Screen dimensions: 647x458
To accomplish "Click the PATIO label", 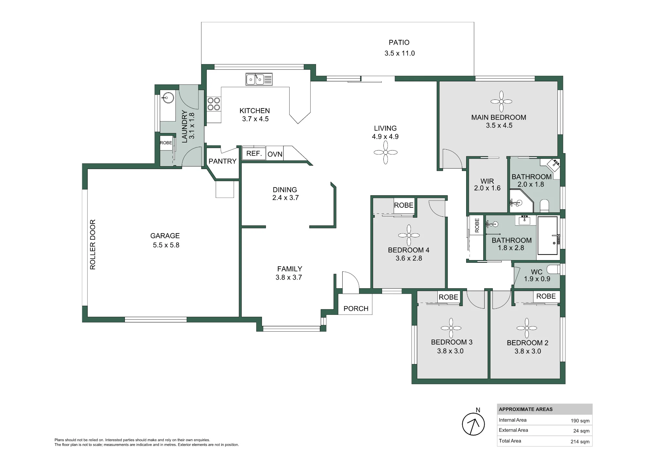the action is [399, 42].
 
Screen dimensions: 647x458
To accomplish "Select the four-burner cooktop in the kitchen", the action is [214, 104].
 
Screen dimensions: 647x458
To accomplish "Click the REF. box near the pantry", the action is [254, 154].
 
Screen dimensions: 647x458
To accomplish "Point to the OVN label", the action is [275, 155].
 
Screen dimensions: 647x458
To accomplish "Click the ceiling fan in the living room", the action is [386, 152].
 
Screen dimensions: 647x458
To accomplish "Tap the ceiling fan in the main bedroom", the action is [501, 101].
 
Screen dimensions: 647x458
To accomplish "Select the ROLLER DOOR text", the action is [93, 245].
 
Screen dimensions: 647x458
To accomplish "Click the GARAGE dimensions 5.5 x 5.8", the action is [166, 245].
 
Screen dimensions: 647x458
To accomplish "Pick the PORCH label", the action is [356, 309].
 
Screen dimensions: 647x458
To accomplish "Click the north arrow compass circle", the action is [473, 424].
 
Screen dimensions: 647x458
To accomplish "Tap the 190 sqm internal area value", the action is [580, 421].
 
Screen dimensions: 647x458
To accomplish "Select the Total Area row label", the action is [510, 441].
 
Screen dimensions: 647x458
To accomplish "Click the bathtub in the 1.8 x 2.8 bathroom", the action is [548, 235].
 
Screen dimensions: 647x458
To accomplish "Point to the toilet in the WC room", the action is [554, 269].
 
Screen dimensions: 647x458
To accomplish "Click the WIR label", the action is [487, 181].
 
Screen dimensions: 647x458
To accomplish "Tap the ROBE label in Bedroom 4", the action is [404, 205].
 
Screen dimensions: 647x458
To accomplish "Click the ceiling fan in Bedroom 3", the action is [451, 328].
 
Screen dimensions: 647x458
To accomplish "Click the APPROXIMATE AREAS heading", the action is [526, 409].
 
